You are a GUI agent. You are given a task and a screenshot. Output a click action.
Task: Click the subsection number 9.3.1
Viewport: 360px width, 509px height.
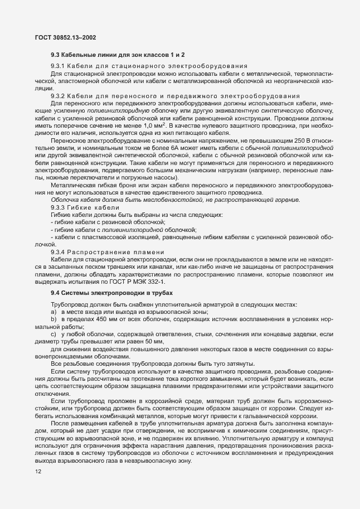58,66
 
